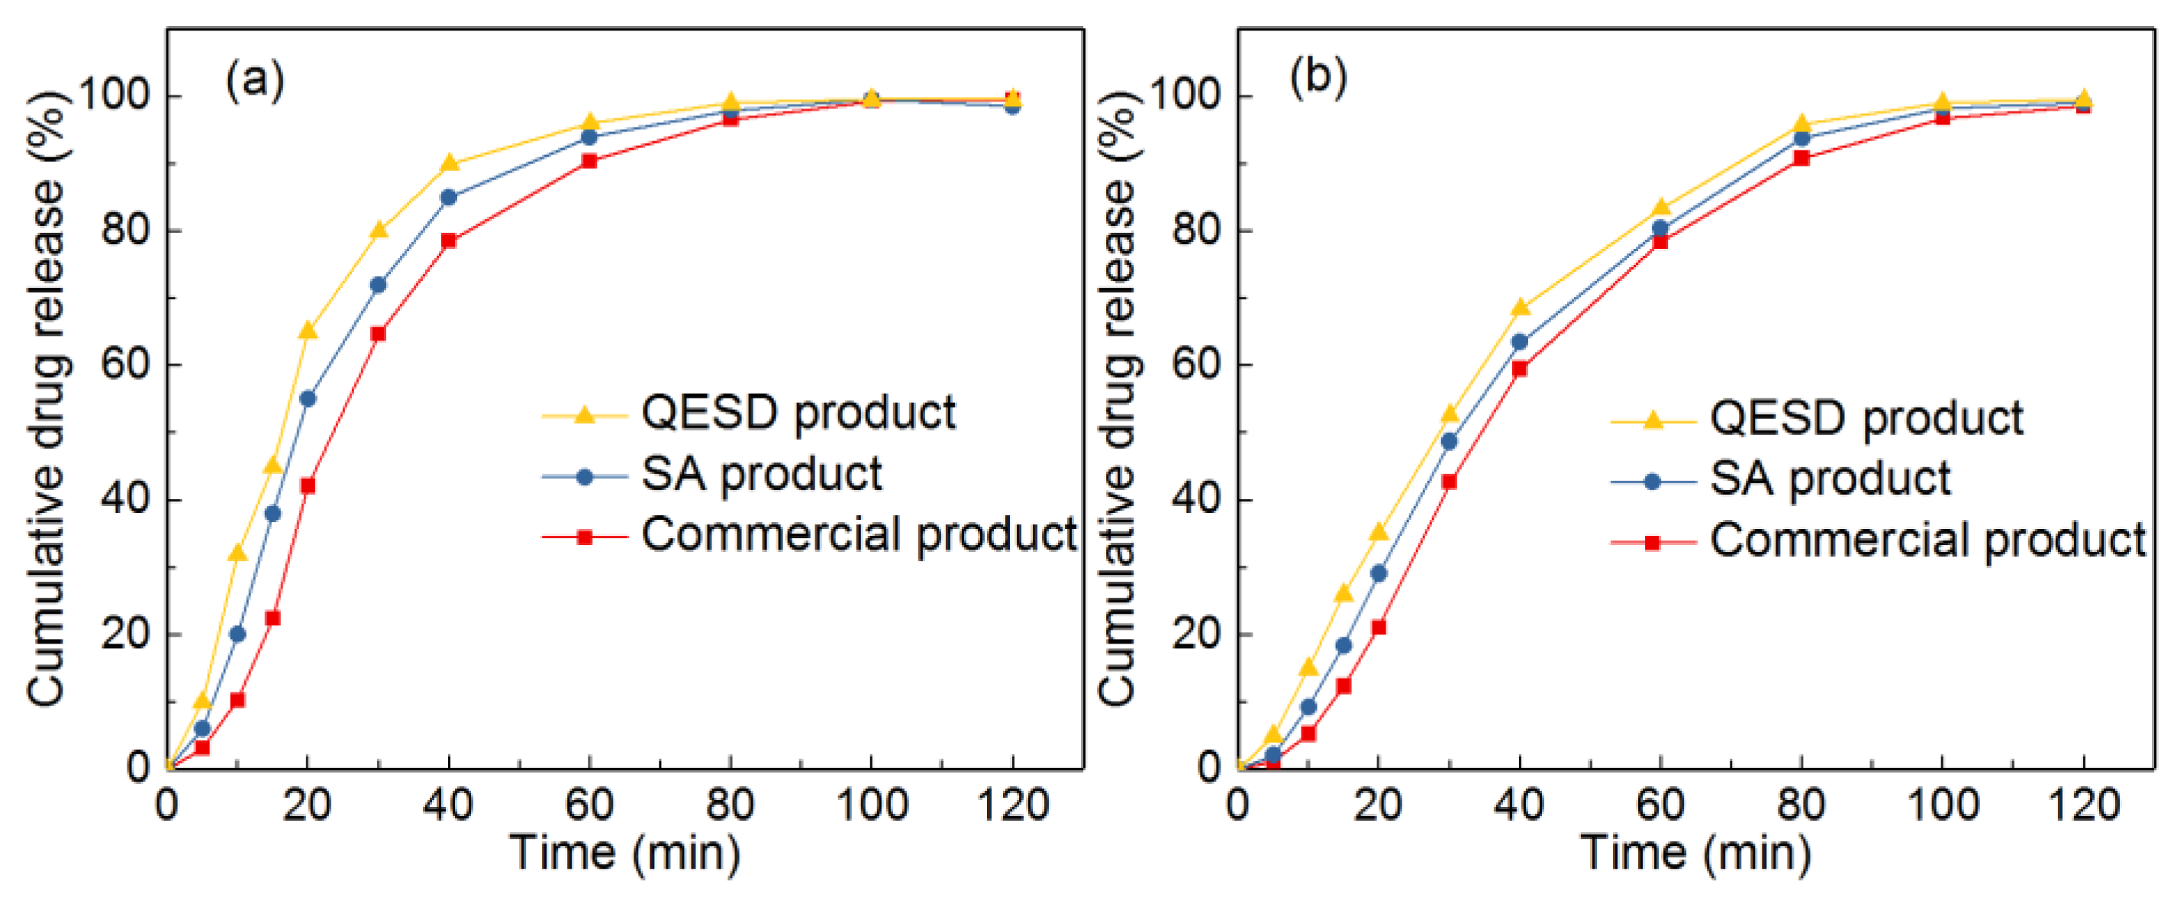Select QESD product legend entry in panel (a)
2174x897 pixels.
(x=798, y=414)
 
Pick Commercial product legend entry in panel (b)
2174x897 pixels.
(x=1927, y=540)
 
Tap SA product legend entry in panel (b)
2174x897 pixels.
(x=1830, y=479)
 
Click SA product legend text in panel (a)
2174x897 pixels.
(x=761, y=474)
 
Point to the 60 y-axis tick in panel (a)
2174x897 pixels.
(x=125, y=365)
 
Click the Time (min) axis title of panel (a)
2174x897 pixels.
(x=624, y=852)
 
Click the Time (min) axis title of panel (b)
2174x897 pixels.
(x=1695, y=852)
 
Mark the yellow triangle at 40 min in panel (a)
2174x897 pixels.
(x=449, y=163)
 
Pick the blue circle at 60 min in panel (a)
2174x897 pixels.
(x=589, y=137)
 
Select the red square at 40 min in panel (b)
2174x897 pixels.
(x=1519, y=369)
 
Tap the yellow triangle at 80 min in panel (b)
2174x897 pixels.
(x=1801, y=124)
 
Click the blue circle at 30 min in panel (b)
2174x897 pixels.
(x=1448, y=441)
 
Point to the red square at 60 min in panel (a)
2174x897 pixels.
(x=589, y=161)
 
